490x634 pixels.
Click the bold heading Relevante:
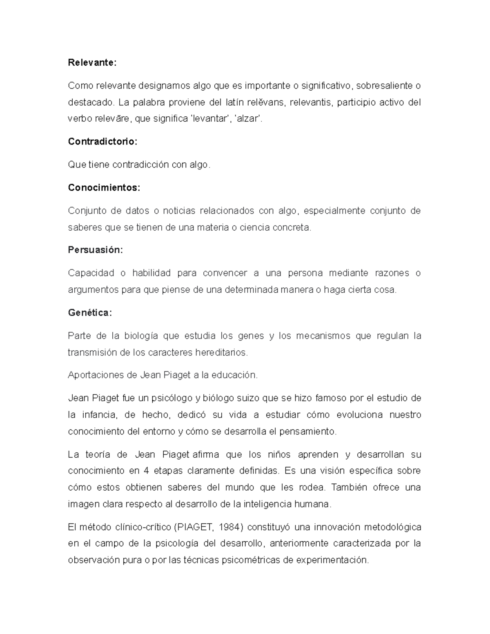point(92,63)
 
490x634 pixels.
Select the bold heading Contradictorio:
point(102,142)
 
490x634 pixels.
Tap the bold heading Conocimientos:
point(104,188)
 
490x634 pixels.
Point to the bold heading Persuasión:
point(95,250)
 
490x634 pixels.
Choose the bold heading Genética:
point(89,313)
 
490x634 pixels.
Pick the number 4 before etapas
point(146,471)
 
